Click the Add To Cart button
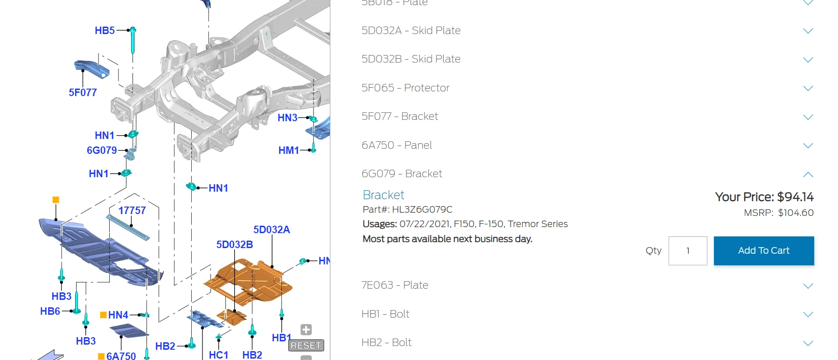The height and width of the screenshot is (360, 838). pos(763,251)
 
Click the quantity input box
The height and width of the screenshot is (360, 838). pos(687,251)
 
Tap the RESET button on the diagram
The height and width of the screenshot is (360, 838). pos(306,346)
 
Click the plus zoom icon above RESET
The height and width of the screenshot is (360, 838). pos(306,330)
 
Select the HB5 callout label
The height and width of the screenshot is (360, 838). pos(105,31)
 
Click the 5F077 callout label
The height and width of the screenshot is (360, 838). pos(83,92)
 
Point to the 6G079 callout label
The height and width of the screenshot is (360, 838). pos(102,150)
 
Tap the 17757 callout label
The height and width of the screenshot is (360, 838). pos(132,210)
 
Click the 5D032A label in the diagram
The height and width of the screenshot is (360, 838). pos(272,229)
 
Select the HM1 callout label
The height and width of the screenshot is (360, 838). pos(288,150)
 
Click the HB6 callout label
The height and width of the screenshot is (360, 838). pos(50,311)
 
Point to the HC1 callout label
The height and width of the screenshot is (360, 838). pos(218,355)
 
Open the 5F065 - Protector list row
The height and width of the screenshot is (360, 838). pos(405,88)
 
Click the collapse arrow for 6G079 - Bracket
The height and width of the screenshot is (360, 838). pos(808,174)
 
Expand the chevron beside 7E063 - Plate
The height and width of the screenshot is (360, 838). pos(808,286)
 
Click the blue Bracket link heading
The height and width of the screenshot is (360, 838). pos(383,195)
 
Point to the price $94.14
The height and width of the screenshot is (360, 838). pos(795,197)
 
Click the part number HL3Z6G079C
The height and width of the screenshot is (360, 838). pos(422,209)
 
